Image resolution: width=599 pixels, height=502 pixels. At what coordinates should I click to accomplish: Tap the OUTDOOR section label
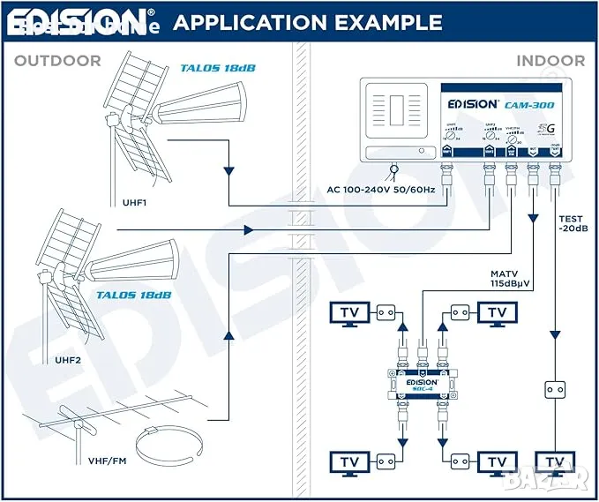[57, 61]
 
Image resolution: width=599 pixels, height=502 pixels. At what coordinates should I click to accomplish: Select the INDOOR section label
[550, 61]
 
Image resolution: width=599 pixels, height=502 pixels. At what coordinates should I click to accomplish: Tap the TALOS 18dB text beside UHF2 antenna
[140, 296]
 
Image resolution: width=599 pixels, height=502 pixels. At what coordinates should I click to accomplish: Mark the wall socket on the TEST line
[555, 389]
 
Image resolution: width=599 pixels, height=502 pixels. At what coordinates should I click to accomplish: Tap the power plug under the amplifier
[393, 169]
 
